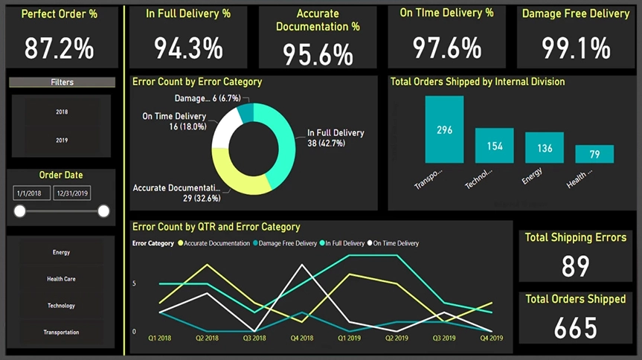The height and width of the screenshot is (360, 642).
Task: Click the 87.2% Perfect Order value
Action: [60, 49]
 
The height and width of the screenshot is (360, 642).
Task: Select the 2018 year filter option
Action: [62, 112]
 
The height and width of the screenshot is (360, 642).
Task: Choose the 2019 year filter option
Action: [62, 140]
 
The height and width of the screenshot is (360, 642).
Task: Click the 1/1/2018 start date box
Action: [31, 193]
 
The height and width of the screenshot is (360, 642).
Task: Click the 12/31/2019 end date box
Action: [72, 193]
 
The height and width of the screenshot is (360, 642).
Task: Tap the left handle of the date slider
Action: [20, 211]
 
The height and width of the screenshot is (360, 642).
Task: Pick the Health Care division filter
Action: [61, 279]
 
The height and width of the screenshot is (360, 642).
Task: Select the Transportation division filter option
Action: [61, 332]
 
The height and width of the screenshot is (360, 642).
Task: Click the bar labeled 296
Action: [444, 130]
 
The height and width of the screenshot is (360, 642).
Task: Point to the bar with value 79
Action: [594, 154]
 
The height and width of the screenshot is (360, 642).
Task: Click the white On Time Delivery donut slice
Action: [225, 127]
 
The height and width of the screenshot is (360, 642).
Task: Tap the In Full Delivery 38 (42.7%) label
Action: [336, 138]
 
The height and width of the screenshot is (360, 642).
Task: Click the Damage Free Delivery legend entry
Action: [286, 243]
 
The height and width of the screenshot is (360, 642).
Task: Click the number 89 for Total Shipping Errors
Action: [576, 266]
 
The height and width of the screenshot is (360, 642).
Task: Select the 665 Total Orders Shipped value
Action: [576, 327]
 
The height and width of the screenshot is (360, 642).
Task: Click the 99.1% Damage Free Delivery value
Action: [576, 49]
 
